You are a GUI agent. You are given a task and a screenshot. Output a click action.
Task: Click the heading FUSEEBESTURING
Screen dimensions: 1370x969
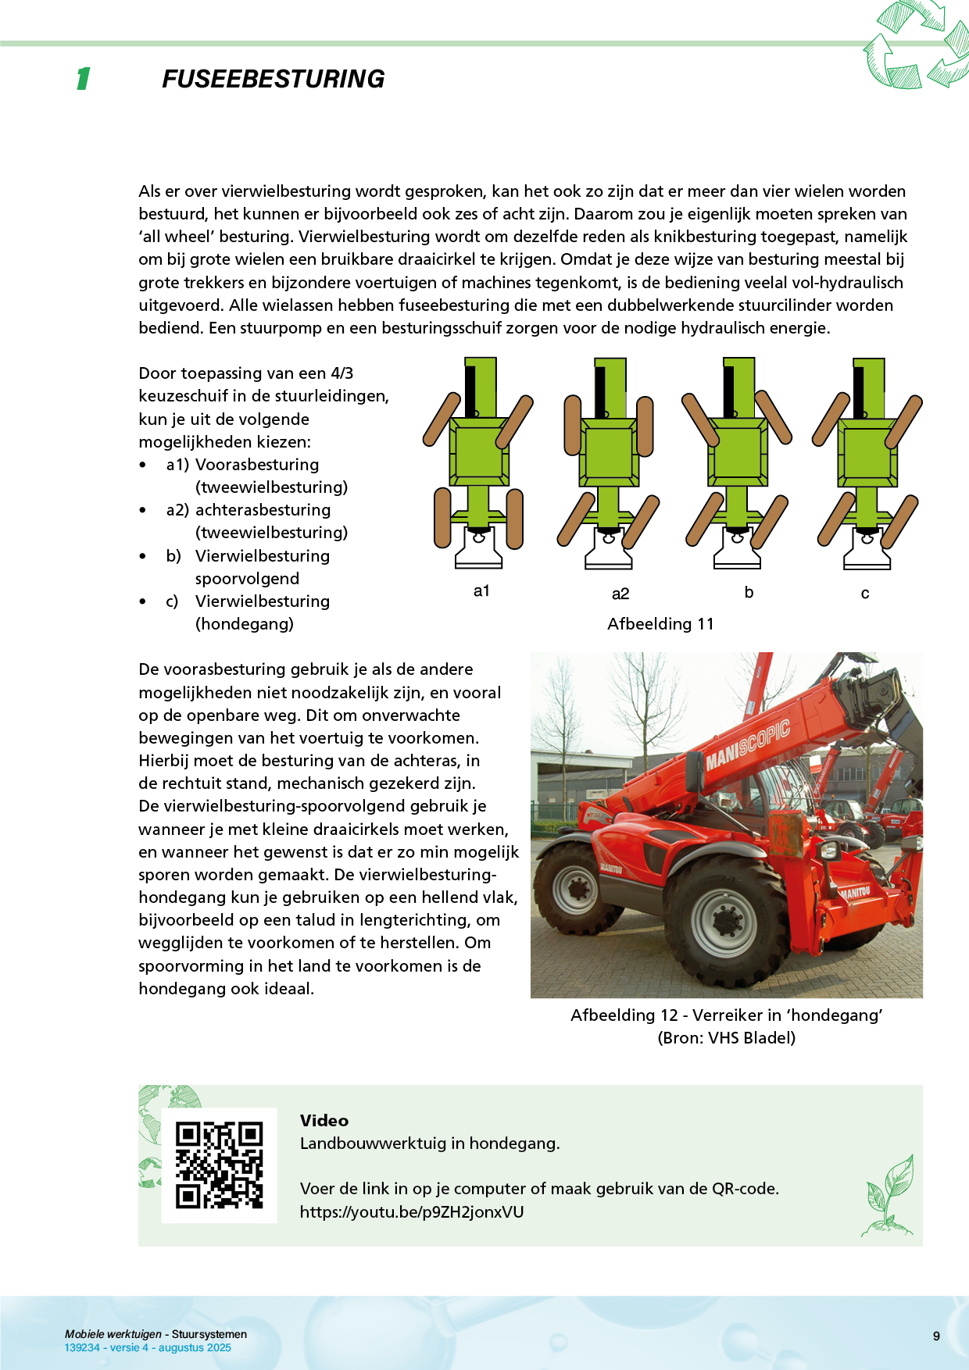point(273,79)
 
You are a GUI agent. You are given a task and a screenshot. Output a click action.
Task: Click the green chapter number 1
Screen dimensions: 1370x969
point(83,79)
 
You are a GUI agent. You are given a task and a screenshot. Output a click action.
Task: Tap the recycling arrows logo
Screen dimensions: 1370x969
point(915,45)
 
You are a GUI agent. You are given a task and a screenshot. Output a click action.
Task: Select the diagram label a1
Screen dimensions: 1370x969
point(481,591)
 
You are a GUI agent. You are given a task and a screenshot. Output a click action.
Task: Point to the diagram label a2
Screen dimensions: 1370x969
point(620,594)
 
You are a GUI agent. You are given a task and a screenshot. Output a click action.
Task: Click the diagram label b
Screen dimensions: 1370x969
point(749,592)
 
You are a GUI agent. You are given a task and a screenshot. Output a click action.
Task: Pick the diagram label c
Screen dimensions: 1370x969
point(865,594)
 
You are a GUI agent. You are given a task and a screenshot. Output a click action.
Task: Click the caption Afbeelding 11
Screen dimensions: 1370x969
point(660,624)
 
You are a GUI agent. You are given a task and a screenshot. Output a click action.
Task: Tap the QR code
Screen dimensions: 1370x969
point(219,1165)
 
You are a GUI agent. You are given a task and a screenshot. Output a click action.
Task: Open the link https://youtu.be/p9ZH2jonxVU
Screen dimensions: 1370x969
point(412,1212)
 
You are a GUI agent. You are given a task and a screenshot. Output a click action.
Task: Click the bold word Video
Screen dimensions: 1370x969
point(324,1121)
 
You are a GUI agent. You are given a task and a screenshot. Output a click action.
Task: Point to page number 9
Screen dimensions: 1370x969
point(936,1336)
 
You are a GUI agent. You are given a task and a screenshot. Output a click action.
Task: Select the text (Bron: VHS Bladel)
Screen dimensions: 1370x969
point(726,1038)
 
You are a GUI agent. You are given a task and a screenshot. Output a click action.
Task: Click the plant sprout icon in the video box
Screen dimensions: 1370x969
point(889,1196)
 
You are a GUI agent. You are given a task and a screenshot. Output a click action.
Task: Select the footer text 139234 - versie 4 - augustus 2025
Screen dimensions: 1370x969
point(148,1348)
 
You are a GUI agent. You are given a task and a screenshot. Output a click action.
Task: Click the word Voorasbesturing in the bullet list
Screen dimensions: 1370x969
point(257,465)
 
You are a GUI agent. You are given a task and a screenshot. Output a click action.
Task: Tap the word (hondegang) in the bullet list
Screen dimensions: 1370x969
point(245,624)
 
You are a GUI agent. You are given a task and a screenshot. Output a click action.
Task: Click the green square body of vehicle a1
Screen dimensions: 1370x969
point(478,452)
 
